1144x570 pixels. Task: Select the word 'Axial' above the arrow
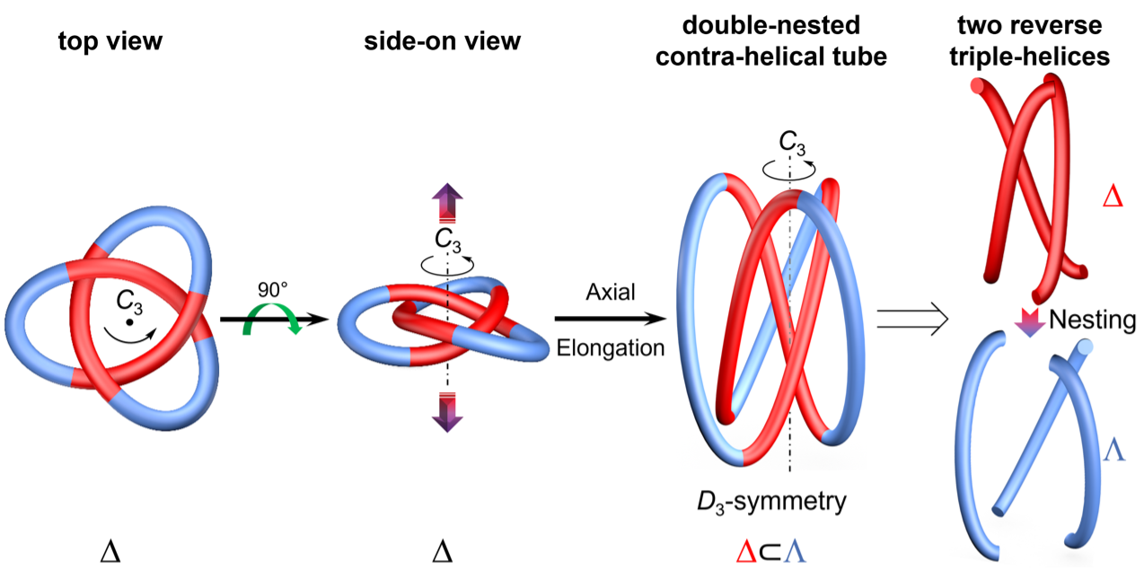610,292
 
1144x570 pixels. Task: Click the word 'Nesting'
1091,320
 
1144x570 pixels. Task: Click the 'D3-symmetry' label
781,499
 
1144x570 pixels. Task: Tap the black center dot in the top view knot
129,321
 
